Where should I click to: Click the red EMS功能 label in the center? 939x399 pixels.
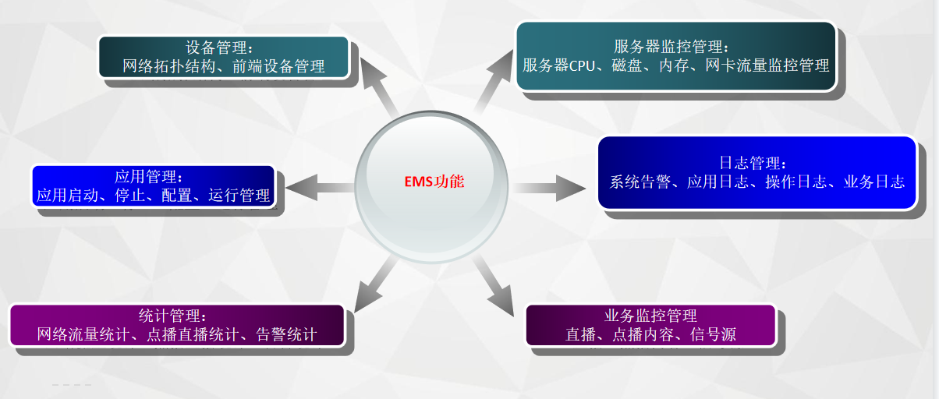click(x=428, y=182)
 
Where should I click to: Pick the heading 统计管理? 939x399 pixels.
click(x=172, y=316)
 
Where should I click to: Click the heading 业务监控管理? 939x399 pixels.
click(x=650, y=316)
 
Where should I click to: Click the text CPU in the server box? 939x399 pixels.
click(x=582, y=66)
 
